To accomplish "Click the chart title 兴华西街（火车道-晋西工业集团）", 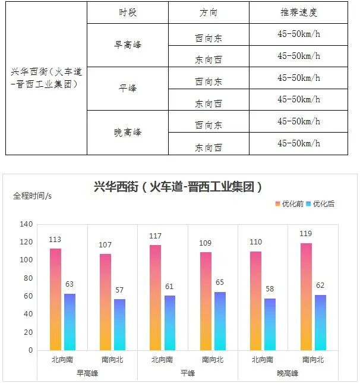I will [x=178, y=187].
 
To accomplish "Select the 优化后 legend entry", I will [x=320, y=204].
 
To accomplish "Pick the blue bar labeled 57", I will [x=120, y=324].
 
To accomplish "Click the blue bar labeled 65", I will [x=220, y=321].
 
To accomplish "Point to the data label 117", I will [x=155, y=237].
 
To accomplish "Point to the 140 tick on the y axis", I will [x=26, y=224].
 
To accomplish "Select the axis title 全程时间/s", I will [x=33, y=196].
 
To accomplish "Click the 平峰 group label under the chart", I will [x=187, y=373].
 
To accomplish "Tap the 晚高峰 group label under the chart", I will [x=288, y=373].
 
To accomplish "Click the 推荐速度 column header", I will [x=298, y=12].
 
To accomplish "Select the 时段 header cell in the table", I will [x=127, y=12].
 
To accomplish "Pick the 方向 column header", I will [x=208, y=12].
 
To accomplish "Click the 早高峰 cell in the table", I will [x=128, y=45].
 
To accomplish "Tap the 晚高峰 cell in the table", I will [x=128, y=133].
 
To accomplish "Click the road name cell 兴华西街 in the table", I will [x=46, y=78].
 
